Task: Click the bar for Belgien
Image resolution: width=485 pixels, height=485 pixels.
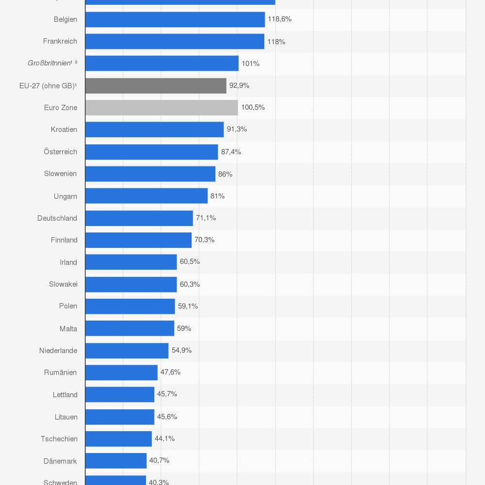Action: pyautogui.click(x=175, y=19)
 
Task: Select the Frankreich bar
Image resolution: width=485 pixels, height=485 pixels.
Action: pyautogui.click(x=175, y=41)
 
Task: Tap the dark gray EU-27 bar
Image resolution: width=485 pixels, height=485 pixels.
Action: pyautogui.click(x=156, y=85)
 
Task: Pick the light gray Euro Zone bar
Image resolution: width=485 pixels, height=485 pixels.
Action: pyautogui.click(x=162, y=108)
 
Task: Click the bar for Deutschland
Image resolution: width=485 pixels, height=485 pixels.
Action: pyautogui.click(x=139, y=218)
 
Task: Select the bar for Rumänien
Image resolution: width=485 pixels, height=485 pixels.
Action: pyautogui.click(x=121, y=372)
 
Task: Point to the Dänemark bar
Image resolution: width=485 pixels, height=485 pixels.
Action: pyautogui.click(x=115, y=461)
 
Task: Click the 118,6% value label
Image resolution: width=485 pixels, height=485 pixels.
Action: pyautogui.click(x=280, y=19)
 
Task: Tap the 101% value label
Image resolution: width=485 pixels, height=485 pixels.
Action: pyautogui.click(x=251, y=64)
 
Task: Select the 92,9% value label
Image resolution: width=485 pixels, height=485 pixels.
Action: pyautogui.click(x=239, y=85)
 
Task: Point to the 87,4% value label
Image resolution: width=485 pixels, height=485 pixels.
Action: pyautogui.click(x=231, y=152)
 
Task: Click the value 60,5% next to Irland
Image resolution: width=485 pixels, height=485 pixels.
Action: pyautogui.click(x=190, y=262)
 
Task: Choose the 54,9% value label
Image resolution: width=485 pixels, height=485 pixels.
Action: pyautogui.click(x=181, y=350)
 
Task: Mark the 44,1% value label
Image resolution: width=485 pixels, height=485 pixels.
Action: pyautogui.click(x=164, y=438)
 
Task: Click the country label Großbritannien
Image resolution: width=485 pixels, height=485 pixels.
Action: pyautogui.click(x=49, y=64)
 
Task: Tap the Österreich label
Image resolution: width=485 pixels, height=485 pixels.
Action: pyautogui.click(x=60, y=152)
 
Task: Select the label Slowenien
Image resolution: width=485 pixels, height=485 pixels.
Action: pyautogui.click(x=60, y=174)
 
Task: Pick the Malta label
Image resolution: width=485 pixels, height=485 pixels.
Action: pyautogui.click(x=68, y=328)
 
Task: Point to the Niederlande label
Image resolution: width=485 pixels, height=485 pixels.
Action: pyautogui.click(x=58, y=350)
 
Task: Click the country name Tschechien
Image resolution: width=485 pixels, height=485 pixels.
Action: pyautogui.click(x=59, y=438)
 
